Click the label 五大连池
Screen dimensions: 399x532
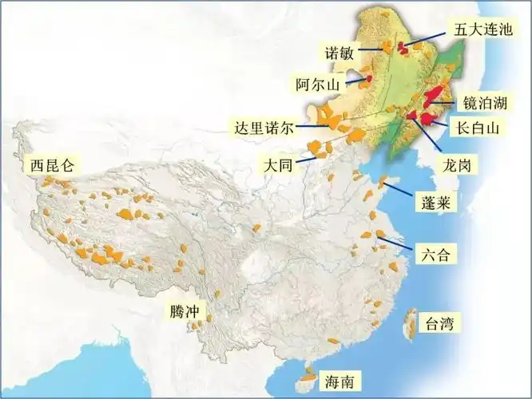click(483, 30)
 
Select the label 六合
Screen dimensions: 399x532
click(437, 255)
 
